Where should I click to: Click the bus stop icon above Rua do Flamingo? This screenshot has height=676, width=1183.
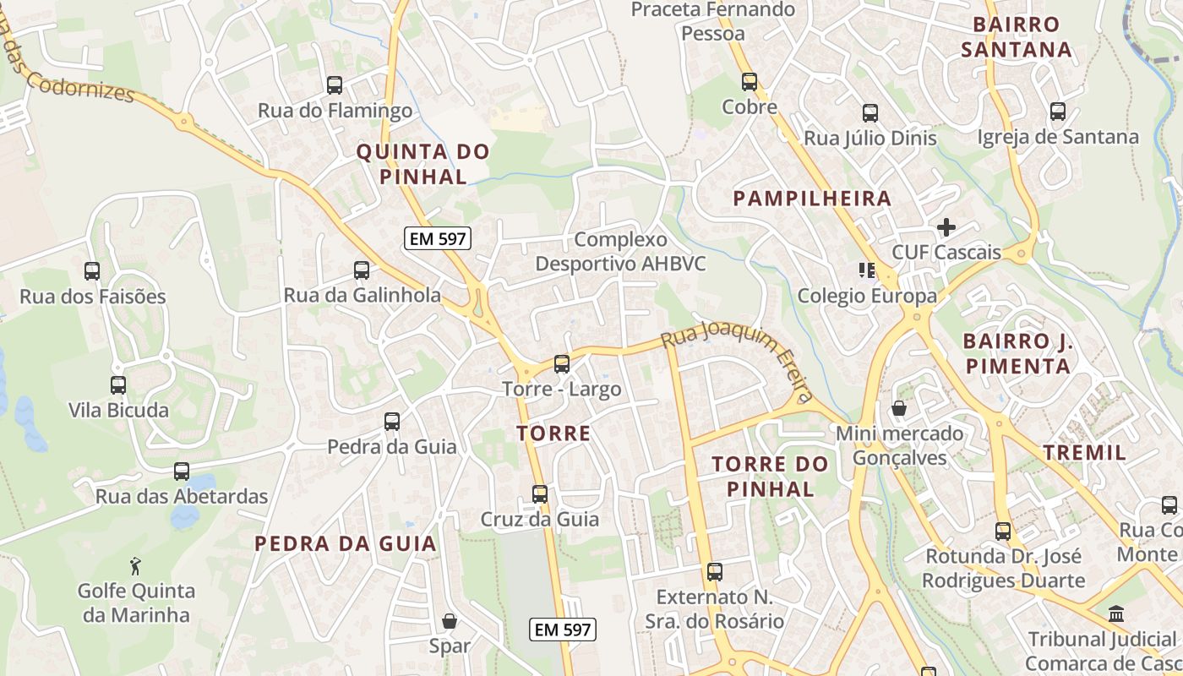point(335,85)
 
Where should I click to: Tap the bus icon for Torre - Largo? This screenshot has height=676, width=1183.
point(562,364)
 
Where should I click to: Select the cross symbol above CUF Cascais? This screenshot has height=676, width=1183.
point(946,227)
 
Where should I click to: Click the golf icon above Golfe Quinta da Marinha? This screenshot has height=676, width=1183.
point(135,564)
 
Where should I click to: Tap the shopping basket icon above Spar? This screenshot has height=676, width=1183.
point(450,621)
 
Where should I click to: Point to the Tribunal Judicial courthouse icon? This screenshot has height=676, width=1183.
point(1116,613)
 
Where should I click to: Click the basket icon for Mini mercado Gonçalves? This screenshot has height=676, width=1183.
point(899,409)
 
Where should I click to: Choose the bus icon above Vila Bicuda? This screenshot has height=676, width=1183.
point(118,385)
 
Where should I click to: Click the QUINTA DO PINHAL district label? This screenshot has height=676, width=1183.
point(422,164)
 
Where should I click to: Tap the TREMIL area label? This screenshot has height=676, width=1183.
point(1084,452)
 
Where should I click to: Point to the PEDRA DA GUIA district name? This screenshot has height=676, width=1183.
point(346,543)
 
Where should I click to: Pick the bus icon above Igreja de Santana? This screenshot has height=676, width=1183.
point(1058,112)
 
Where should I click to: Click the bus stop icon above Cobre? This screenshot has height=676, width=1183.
point(750,82)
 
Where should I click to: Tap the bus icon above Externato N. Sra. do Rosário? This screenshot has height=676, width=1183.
point(715,572)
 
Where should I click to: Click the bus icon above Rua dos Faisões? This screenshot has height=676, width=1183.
point(92,271)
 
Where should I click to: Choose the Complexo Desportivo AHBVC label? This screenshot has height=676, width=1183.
point(620,252)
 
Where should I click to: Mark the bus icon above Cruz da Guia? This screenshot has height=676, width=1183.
point(540,494)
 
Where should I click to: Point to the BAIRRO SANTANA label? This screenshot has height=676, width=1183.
point(1016,36)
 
